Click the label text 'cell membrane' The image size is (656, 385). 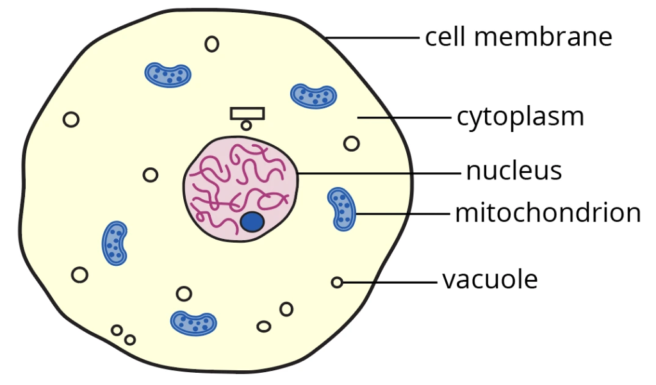click(518, 37)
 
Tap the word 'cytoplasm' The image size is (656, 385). click(520, 117)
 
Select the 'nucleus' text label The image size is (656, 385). click(514, 171)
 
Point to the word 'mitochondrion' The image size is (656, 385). click(548, 213)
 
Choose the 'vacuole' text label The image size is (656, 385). click(490, 280)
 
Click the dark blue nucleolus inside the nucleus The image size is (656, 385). click(252, 222)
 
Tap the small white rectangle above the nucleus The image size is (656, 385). click(247, 113)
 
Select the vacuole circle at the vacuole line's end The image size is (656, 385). click(337, 282)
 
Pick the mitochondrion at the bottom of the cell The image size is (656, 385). click(193, 323)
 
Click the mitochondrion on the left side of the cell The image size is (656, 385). click(115, 243)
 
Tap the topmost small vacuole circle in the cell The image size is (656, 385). click(211, 44)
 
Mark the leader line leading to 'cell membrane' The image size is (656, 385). click(372, 37)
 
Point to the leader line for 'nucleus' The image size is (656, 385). click(378, 173)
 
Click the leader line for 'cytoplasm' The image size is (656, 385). click(404, 117)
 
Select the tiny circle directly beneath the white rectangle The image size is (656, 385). click(246, 125)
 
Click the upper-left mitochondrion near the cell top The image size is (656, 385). click(168, 75)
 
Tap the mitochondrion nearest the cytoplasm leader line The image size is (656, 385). click(313, 96)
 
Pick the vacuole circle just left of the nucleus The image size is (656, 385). click(151, 174)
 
